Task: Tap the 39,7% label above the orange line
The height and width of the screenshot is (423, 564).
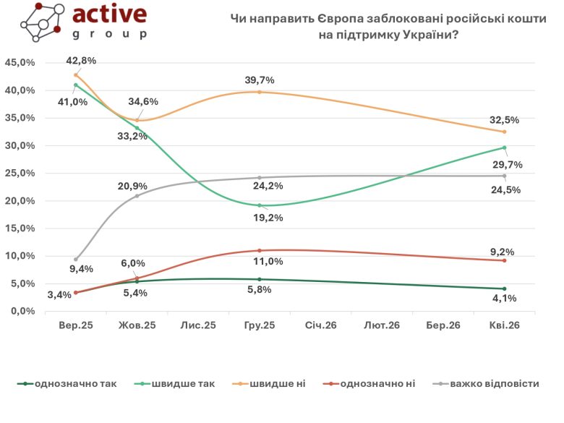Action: pos(260,80)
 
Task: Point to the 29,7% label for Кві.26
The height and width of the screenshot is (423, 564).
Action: pos(505,165)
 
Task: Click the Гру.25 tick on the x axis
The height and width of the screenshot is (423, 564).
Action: pos(260,326)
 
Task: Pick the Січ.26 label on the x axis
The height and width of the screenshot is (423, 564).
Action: pos(320,326)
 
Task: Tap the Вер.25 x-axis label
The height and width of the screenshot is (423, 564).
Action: pos(76,326)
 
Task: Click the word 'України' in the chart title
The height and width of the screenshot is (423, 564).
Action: pos(425,35)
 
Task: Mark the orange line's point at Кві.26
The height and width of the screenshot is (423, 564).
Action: pos(504,132)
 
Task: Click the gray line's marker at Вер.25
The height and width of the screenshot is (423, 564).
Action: pos(76,259)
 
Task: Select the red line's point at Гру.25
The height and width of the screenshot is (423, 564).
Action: pos(260,250)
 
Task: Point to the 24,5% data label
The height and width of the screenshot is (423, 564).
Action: pos(505,192)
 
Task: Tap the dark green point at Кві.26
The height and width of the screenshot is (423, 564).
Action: pos(504,289)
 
